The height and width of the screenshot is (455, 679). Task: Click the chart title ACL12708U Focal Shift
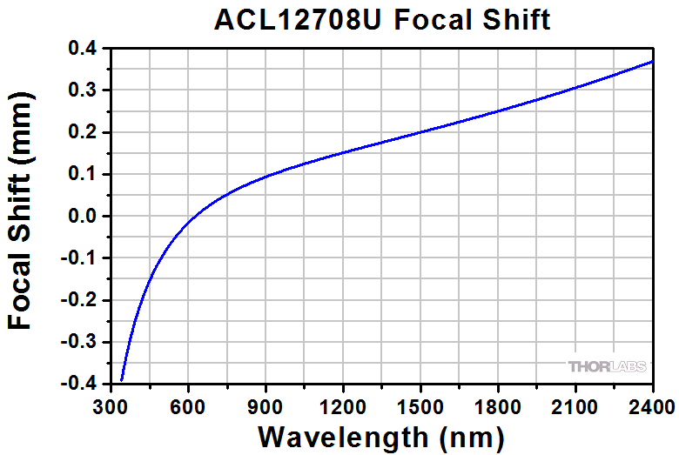(383, 19)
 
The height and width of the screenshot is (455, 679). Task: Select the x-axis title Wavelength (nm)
(381, 434)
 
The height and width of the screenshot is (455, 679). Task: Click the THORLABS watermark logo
(608, 366)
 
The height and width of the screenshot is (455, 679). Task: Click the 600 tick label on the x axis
(187, 406)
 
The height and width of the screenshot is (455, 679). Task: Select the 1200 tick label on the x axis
(343, 406)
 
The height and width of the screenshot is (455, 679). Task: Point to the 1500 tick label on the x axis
(421, 406)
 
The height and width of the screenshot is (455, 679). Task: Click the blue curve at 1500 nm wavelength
(421, 132)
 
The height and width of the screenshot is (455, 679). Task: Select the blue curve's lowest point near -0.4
(122, 379)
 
